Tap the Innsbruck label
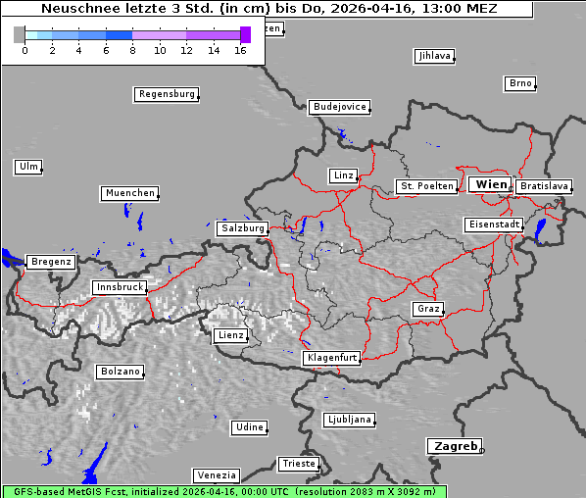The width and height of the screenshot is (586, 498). coord(119,287)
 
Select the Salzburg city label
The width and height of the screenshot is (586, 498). coord(242,227)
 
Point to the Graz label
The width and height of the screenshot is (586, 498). coord(428,309)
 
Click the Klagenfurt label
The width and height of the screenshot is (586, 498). coord(333,358)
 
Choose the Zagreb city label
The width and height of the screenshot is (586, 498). coord(454,446)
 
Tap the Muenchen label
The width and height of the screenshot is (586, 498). coord(129,193)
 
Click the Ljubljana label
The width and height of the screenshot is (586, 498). coord(349,420)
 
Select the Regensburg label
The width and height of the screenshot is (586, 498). coord(166,94)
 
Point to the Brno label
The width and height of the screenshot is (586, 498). coord(519,83)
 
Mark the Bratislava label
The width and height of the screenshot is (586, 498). coord(544,185)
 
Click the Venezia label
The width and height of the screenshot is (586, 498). coord(216,474)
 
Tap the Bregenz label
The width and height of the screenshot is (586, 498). coord(51,262)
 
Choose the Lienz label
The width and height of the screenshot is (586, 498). coord(230,335)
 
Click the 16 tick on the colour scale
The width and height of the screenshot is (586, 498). coord(240,49)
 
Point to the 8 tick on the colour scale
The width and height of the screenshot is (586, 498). coord(132,49)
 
